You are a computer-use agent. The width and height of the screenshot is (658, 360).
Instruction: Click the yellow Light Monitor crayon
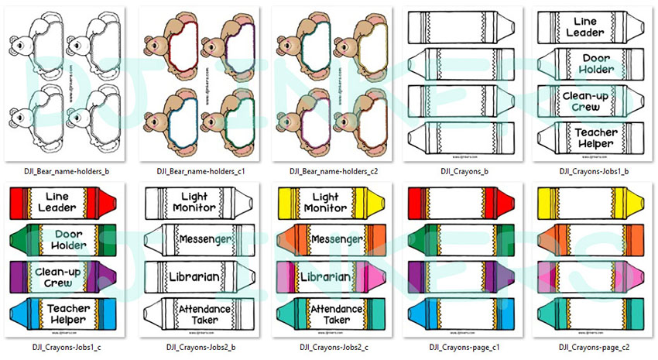(326, 203)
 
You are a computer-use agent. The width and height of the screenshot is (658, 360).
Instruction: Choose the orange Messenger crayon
(326, 238)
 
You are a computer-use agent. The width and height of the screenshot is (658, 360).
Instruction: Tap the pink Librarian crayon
(326, 276)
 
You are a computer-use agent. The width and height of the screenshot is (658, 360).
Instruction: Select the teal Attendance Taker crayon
(326, 313)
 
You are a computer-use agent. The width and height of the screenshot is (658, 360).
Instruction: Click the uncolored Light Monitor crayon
(194, 203)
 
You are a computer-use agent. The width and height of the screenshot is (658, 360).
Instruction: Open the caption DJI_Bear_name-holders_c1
(194, 171)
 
